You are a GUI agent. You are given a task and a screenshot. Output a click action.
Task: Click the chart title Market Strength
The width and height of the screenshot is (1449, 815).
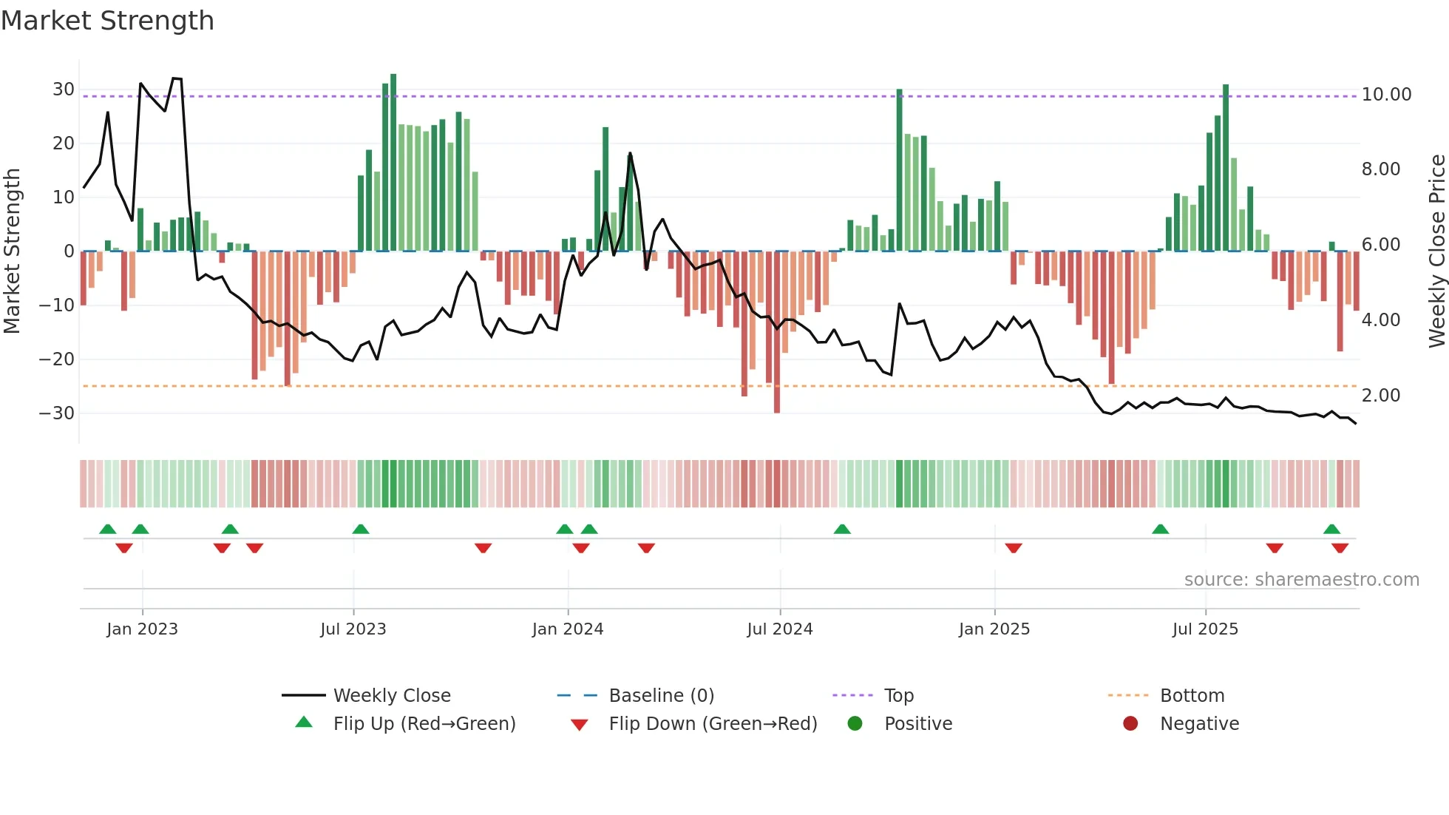pyautogui.click(x=107, y=21)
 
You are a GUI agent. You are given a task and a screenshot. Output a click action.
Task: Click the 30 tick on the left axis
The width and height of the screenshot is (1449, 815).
pyautogui.click(x=64, y=89)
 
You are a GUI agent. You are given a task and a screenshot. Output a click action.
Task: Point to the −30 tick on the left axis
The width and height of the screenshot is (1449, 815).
pyautogui.click(x=57, y=413)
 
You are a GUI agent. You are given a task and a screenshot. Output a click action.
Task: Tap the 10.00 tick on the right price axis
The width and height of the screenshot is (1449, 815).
pyautogui.click(x=1386, y=95)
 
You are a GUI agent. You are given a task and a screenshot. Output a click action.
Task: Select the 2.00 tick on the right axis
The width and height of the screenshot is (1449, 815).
pyautogui.click(x=1381, y=396)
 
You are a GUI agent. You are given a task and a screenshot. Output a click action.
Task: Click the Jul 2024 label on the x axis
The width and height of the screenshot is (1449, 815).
pyautogui.click(x=779, y=629)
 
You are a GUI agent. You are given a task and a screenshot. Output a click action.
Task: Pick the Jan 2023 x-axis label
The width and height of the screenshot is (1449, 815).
pyautogui.click(x=142, y=629)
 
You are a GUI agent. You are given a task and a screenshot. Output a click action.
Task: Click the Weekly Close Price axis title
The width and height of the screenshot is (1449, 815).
pyautogui.click(x=1436, y=251)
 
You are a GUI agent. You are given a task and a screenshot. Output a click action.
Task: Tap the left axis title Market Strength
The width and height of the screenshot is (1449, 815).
pyautogui.click(x=12, y=251)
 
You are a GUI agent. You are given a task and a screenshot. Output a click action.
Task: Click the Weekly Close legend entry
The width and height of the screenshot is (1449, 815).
pyautogui.click(x=391, y=696)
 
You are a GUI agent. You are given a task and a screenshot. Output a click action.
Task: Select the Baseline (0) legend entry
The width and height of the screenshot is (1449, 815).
pyautogui.click(x=661, y=696)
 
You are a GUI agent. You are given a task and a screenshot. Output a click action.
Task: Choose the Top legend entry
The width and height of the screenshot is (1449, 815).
pyautogui.click(x=898, y=696)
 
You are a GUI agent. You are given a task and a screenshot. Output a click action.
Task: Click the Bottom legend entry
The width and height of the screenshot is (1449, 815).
pyautogui.click(x=1192, y=696)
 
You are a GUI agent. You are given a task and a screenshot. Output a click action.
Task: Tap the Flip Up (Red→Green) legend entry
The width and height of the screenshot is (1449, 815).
pyautogui.click(x=424, y=724)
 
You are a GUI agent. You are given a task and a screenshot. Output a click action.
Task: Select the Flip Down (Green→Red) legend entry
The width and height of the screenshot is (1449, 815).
pyautogui.click(x=713, y=724)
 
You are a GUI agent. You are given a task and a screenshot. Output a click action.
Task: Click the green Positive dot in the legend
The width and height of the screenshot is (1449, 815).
pyautogui.click(x=855, y=724)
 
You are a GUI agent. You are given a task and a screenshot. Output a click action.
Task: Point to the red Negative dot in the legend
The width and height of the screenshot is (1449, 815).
pyautogui.click(x=1130, y=724)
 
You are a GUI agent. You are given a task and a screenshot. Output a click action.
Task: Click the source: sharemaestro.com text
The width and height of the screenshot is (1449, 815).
pyautogui.click(x=1301, y=580)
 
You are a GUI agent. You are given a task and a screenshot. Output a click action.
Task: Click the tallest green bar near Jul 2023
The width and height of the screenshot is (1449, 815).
pyautogui.click(x=393, y=163)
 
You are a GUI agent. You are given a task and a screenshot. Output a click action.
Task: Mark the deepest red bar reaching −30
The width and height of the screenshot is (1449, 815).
pyautogui.click(x=777, y=333)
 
